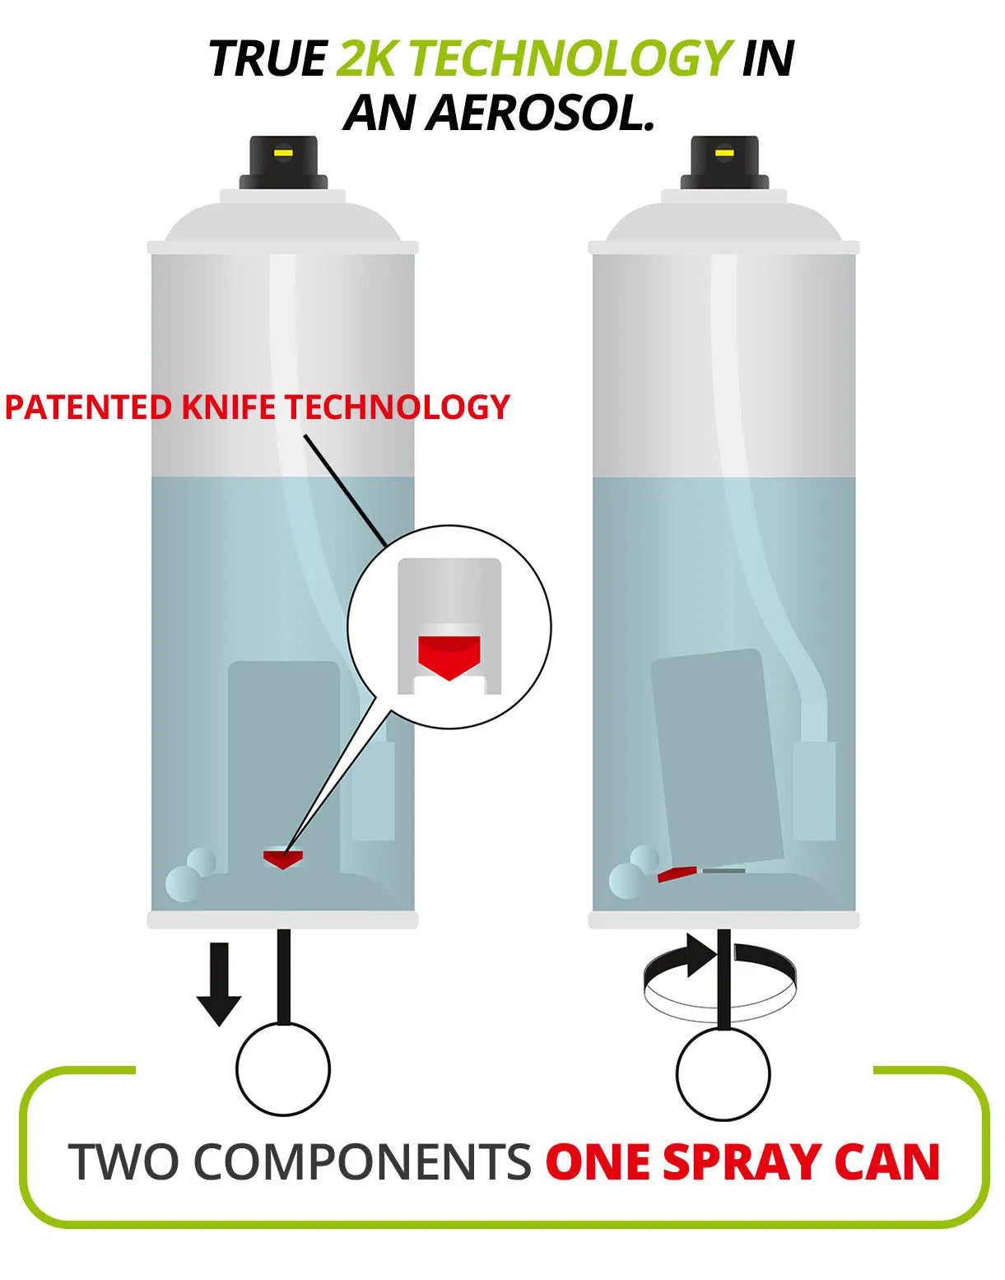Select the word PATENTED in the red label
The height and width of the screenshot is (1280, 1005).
(88, 407)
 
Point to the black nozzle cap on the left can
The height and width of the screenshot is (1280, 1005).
(283, 163)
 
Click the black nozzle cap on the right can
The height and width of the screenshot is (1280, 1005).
(725, 163)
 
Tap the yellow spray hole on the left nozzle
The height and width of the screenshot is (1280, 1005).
(283, 153)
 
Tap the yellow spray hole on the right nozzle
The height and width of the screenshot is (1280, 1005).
(725, 153)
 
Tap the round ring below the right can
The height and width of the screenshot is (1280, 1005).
(724, 1121)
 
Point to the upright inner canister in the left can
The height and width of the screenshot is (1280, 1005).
(284, 765)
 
